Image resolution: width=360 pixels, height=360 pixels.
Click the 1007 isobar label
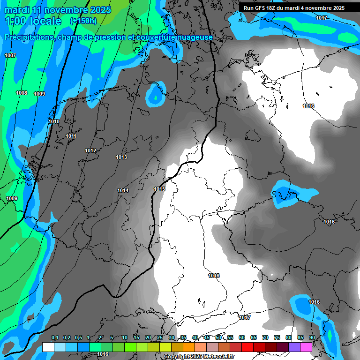pyautogui.click(x=10, y=56)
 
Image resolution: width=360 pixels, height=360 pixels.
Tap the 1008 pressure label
pyautogui.click(x=22, y=93)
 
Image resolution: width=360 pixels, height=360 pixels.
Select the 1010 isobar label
pyautogui.click(x=54, y=122)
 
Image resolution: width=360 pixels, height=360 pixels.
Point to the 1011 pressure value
pyautogui.click(x=71, y=136)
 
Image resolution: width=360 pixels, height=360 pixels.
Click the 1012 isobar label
pyautogui.click(x=90, y=151)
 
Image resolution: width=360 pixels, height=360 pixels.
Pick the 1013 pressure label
pyautogui.click(x=121, y=157)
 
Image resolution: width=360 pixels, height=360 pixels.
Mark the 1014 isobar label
pyautogui.click(x=123, y=190)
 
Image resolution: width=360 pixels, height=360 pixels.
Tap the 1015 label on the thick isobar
pyautogui.click(x=159, y=189)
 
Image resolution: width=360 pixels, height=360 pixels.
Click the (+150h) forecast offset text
pyautogui.click(x=83, y=21)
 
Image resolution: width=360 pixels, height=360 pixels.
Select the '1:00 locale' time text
pyautogui.click(x=33, y=21)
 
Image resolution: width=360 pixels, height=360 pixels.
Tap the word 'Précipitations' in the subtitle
pyautogui.click(x=29, y=37)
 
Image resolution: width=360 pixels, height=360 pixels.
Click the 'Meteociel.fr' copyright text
pyautogui.click(x=216, y=357)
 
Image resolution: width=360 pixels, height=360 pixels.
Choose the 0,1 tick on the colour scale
pyautogui.click(x=55, y=338)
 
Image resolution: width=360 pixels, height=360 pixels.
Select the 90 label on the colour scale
pyautogui.click(x=312, y=338)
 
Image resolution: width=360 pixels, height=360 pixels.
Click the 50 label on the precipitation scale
pyautogui.click(x=218, y=338)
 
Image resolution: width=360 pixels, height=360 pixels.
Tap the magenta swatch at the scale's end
pyautogui.click(x=306, y=347)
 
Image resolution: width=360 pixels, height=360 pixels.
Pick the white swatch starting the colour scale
pyautogui.click(x=48, y=347)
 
